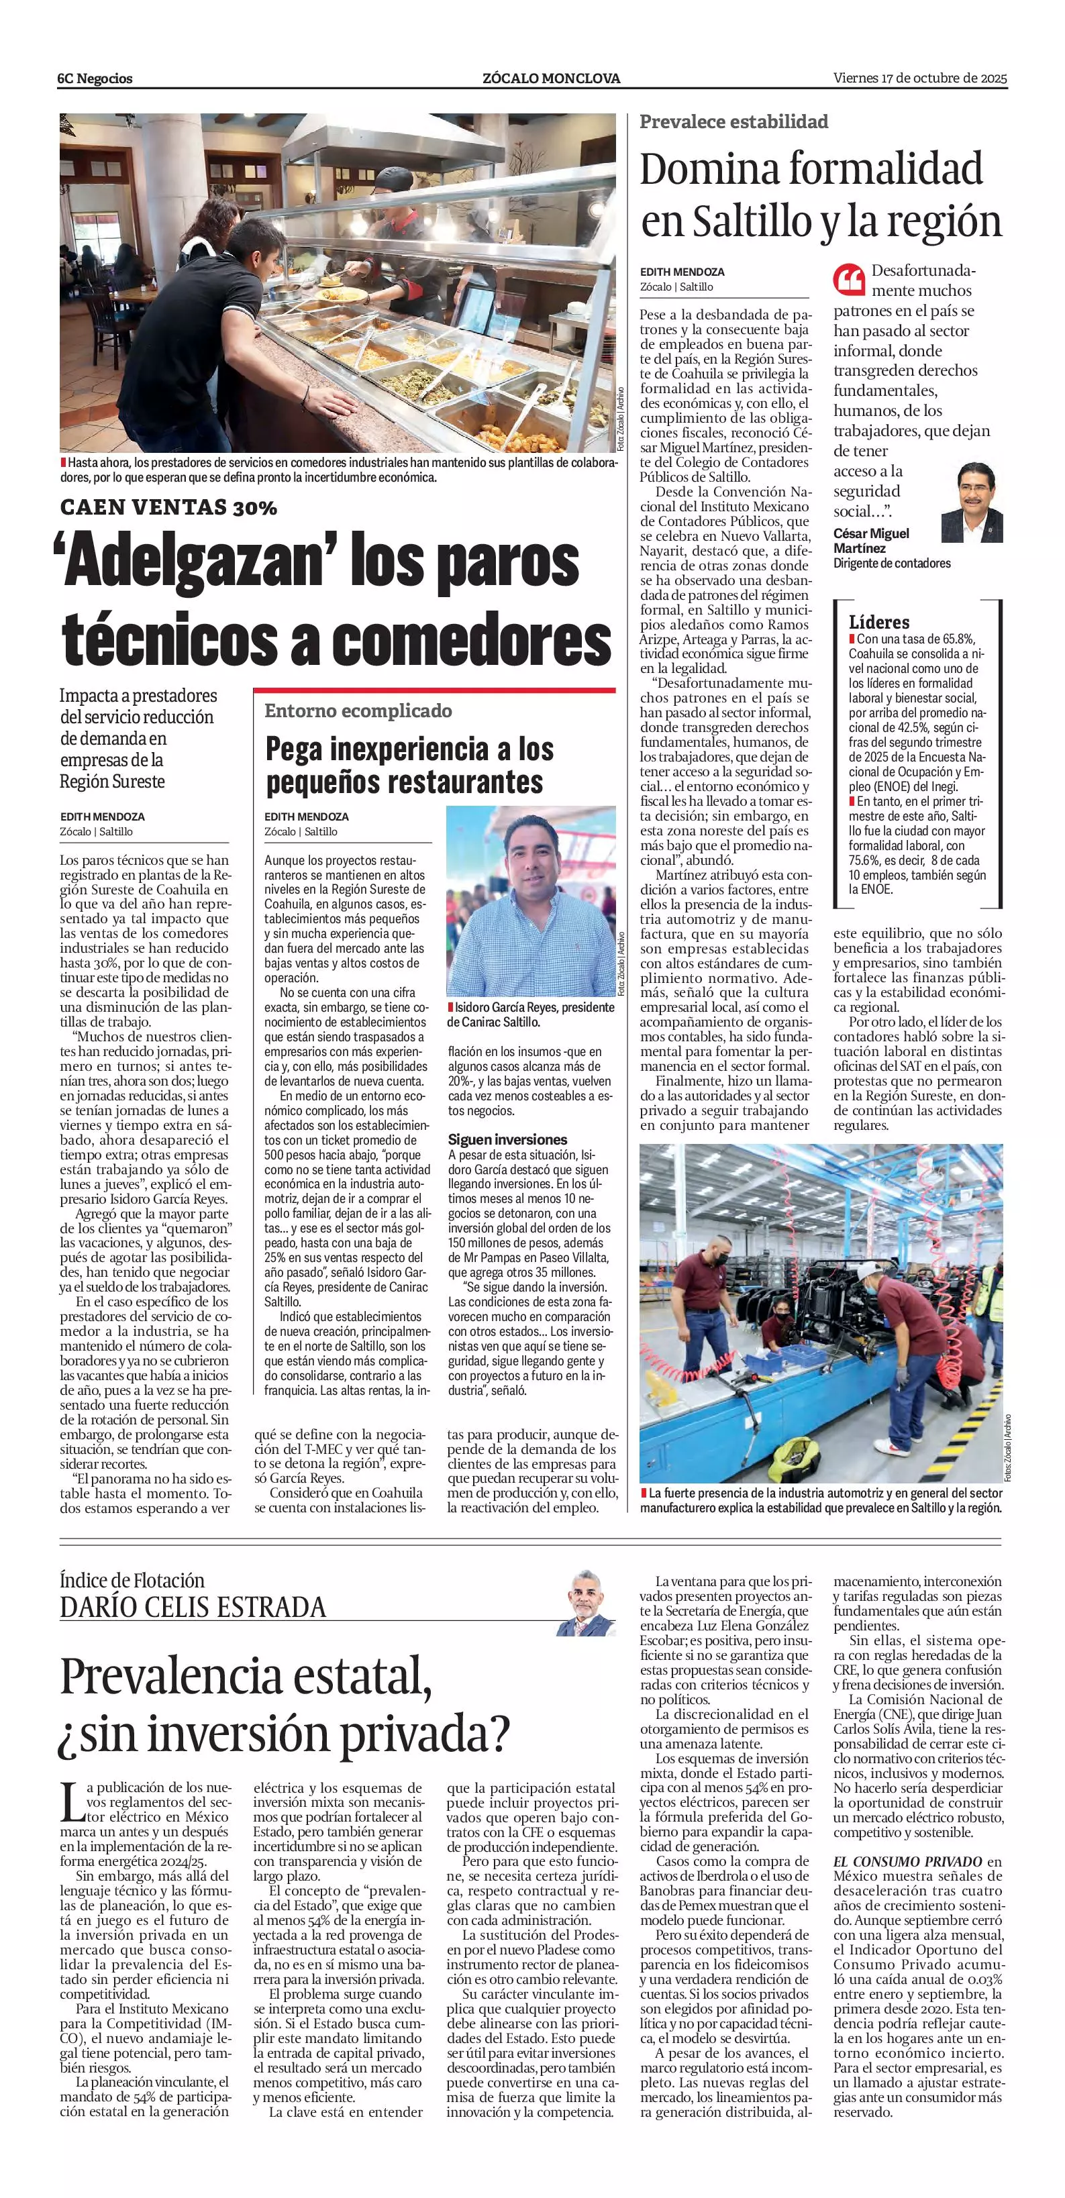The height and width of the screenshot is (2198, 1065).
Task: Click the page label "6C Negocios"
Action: [95, 78]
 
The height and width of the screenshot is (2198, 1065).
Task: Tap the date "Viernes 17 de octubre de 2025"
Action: [920, 78]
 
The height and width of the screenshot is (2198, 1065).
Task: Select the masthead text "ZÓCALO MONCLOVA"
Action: [551, 78]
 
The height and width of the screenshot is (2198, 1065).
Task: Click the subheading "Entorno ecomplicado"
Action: [358, 711]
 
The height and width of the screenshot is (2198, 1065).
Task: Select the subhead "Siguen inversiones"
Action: [508, 1139]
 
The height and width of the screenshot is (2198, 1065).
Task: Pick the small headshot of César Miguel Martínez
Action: [971, 503]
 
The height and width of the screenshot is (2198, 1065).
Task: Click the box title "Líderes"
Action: [879, 622]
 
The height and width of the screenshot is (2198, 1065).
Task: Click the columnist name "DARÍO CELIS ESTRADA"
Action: [193, 1608]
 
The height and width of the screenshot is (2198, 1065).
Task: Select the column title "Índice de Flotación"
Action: [132, 1579]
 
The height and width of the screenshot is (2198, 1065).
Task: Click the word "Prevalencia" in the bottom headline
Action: [209, 1677]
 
